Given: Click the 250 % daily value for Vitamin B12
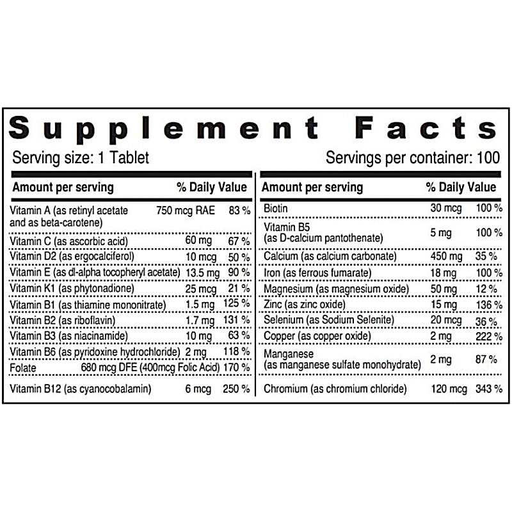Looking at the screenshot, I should (x=237, y=388).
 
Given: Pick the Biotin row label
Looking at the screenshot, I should (x=276, y=208).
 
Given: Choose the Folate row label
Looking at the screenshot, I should (x=26, y=367).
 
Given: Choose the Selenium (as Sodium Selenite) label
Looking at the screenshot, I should (x=329, y=319).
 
